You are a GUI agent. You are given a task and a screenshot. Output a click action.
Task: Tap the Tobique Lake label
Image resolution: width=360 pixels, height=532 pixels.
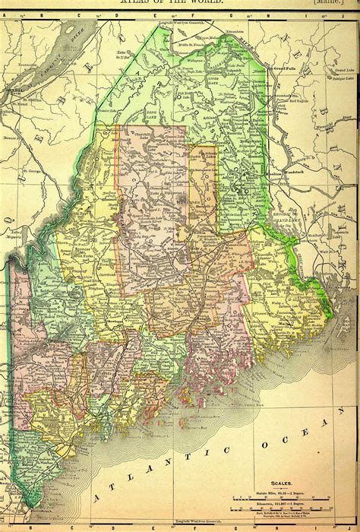(x=343, y=78)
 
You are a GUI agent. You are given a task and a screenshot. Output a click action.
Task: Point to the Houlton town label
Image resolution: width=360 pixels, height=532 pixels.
(x=273, y=173)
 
